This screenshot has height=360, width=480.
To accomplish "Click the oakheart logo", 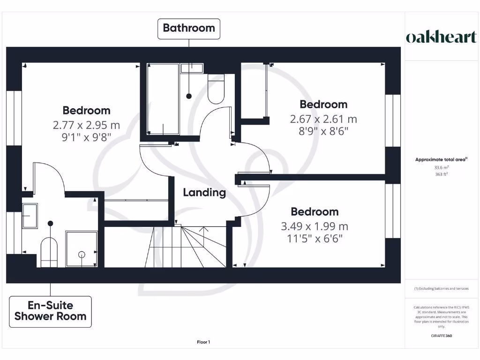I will (x=441, y=37).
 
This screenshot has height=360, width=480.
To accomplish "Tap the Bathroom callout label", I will (x=188, y=28).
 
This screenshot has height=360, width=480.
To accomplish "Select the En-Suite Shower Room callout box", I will (x=50, y=311).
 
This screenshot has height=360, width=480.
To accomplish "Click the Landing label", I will (x=204, y=192).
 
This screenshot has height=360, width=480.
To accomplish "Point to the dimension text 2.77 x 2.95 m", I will (x=86, y=125).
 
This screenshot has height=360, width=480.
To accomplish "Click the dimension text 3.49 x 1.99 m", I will (x=314, y=226).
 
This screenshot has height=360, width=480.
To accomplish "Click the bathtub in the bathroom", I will (x=163, y=99).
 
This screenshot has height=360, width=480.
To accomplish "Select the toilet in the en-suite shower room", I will (x=49, y=251).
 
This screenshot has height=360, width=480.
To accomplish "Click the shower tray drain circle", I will (x=82, y=255).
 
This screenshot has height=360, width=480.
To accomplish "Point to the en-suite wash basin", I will (x=30, y=216).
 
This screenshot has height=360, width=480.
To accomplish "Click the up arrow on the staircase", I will (x=203, y=230).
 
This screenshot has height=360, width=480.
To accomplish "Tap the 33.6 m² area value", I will (x=441, y=167).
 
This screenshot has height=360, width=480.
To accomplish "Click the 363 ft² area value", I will (x=441, y=174).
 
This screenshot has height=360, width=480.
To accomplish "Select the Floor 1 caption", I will (x=203, y=342).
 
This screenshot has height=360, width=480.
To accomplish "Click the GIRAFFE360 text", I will (x=441, y=336).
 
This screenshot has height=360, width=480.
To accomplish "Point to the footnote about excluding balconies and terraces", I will (x=441, y=289).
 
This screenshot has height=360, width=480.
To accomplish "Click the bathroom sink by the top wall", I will (x=192, y=68).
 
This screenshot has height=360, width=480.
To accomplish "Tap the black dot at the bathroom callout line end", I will (x=189, y=96).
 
